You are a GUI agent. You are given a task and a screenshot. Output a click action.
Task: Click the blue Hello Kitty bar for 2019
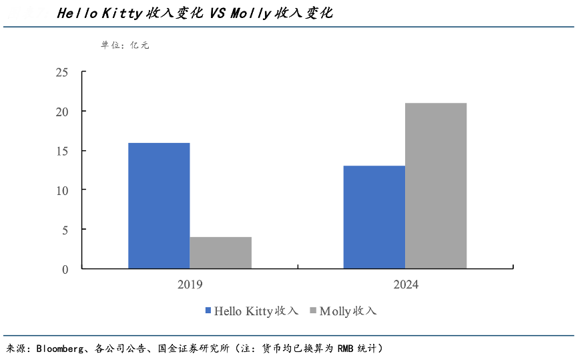[159, 206]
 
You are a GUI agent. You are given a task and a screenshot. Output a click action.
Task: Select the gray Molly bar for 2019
[220, 252]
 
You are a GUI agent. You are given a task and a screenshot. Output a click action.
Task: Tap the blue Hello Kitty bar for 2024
[374, 217]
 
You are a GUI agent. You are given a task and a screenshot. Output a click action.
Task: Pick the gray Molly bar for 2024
[436, 186]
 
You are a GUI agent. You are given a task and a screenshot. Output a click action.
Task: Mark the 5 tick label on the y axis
[65, 230]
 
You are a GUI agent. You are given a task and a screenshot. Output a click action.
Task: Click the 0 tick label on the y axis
[65, 269]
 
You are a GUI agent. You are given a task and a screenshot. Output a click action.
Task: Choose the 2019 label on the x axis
[190, 285]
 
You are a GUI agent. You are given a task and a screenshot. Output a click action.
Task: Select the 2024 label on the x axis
[405, 285]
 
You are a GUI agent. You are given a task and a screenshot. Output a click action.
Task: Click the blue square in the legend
[208, 311]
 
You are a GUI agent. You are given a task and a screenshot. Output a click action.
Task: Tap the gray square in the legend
[313, 311]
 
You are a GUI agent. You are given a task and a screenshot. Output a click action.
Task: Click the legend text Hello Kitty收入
[256, 311]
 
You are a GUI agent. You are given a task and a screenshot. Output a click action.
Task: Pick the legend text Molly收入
[348, 311]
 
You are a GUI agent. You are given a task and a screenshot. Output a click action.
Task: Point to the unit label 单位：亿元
[125, 45]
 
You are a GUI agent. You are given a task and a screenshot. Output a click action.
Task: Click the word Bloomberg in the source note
[59, 349]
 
